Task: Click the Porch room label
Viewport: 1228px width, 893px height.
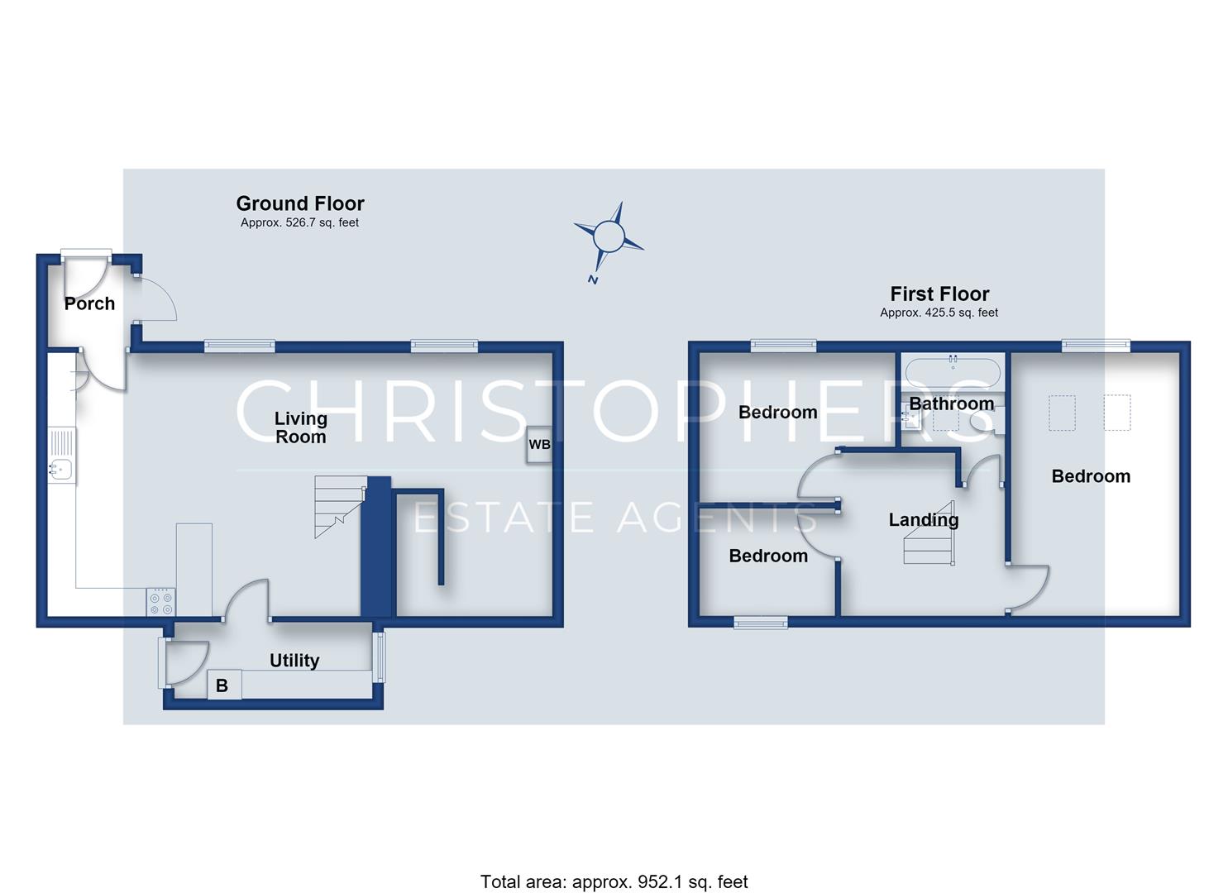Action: [89, 303]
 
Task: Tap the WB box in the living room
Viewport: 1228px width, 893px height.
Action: [539, 444]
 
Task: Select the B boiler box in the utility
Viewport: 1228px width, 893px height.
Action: [224, 685]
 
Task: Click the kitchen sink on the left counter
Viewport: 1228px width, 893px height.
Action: [61, 470]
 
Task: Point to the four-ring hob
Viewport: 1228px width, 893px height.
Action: [161, 602]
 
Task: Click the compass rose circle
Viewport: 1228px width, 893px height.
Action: [609, 236]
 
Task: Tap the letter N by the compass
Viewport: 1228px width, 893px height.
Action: [593, 279]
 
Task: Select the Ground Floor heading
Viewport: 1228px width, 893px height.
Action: [300, 204]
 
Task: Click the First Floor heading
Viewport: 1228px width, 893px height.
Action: [939, 294]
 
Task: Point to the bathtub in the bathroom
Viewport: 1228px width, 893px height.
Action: [953, 373]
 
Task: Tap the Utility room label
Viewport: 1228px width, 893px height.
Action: [294, 661]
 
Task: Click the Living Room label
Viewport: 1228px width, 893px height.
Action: [301, 427]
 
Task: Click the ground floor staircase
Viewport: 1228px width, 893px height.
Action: [341, 507]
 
